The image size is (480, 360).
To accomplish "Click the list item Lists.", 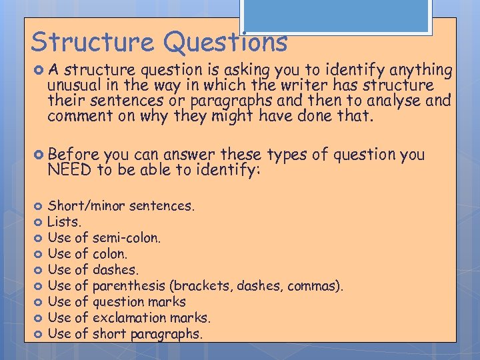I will point(64,221).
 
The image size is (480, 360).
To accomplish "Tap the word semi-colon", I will point(127,237).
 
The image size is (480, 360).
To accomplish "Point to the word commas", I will point(318,286).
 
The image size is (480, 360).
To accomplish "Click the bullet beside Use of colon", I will point(39,254).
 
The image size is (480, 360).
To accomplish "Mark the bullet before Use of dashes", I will point(39,270).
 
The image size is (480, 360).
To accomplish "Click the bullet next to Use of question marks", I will point(39,302).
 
